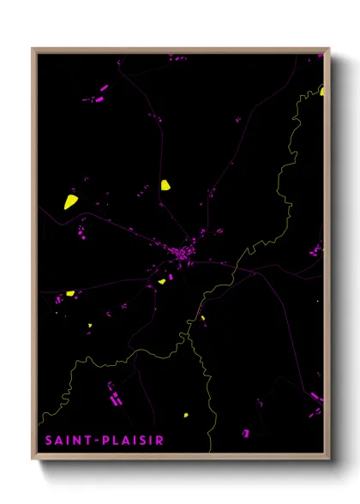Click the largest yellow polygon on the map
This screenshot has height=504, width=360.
point(70,201)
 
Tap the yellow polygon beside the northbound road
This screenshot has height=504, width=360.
point(165,184)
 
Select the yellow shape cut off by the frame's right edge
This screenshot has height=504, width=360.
point(322,91)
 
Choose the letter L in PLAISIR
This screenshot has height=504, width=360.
point(116,441)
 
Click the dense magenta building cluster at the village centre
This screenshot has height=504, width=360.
point(183,252)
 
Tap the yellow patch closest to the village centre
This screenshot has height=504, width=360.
point(161,280)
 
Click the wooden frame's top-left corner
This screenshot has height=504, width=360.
point(33,49)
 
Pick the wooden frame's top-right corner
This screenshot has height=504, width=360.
point(329,49)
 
